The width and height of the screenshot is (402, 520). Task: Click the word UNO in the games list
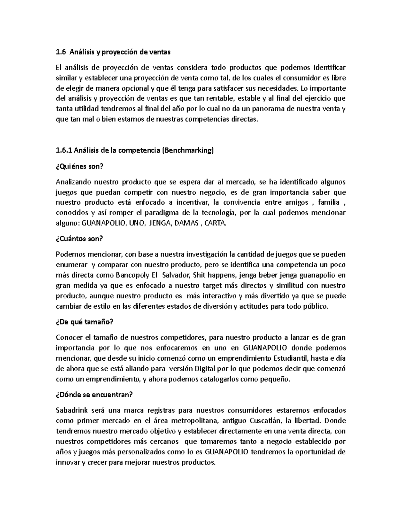(x=136, y=224)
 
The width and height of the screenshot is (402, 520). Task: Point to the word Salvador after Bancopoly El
(x=175, y=276)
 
